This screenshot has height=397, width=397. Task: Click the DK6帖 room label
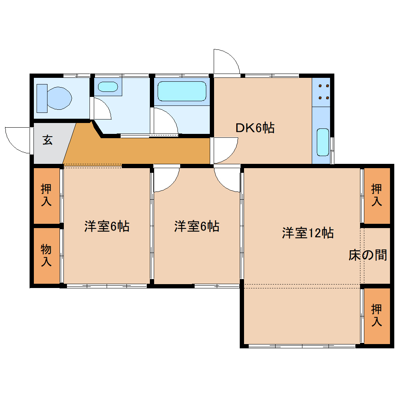tap(255, 128)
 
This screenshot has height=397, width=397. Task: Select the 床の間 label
tap(367, 255)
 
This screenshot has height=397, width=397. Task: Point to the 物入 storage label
tap(46, 255)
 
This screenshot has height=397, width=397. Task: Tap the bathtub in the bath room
tap(181, 91)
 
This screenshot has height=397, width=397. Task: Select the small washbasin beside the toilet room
tap(107, 87)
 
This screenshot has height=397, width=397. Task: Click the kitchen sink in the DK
tap(323, 142)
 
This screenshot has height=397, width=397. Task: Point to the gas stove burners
tap(323, 92)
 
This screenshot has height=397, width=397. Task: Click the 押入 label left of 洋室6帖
tap(46, 195)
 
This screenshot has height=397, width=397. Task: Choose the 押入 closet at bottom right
tap(376, 315)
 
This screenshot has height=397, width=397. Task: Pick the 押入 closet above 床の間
tap(376, 195)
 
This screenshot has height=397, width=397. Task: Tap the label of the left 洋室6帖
tap(107, 227)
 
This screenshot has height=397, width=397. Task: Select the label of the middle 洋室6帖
tap(197, 227)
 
